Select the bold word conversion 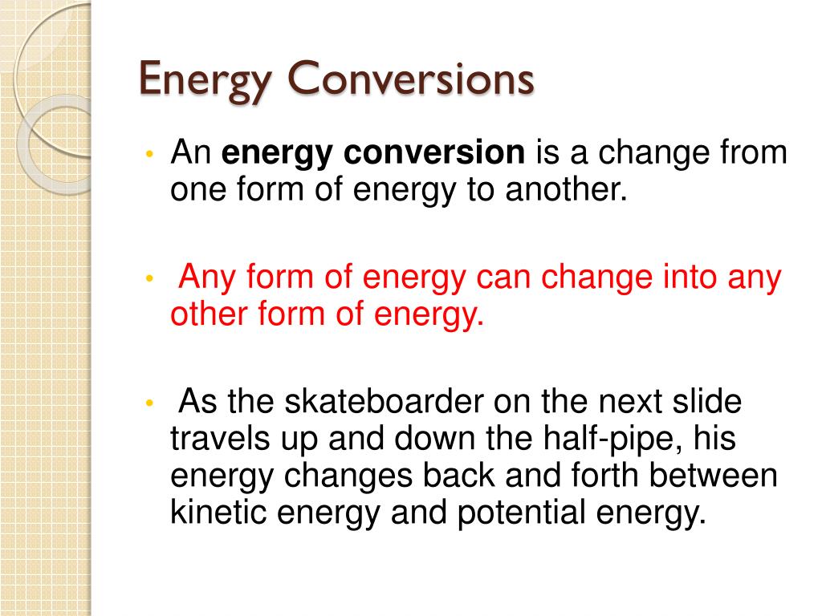click(x=434, y=152)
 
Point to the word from click(x=753, y=152)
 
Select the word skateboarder click(x=384, y=401)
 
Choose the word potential click(x=521, y=513)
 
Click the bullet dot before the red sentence click(x=150, y=278)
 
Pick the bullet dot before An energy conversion click(x=150, y=154)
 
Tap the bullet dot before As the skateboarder click(x=150, y=403)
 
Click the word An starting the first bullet click(x=191, y=152)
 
